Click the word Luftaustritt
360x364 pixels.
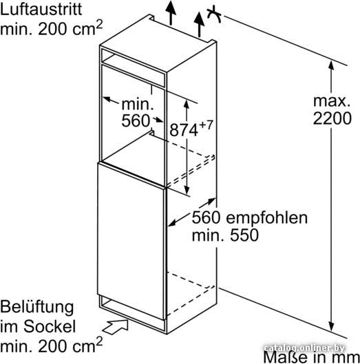pos(41,10)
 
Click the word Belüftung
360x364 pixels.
pos(37,307)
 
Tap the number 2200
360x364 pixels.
pos(332,118)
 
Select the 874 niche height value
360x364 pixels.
pos(184,130)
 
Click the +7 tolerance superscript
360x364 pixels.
pos(206,125)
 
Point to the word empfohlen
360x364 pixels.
pos(267,219)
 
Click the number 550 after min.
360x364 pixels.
pos(244,235)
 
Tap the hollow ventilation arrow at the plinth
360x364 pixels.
pos(115,327)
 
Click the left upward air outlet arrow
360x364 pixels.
pos(171,13)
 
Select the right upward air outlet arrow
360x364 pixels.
pos(199,25)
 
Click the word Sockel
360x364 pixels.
pos(50,326)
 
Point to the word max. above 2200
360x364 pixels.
pos(332,101)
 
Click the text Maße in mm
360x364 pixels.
pos(312,357)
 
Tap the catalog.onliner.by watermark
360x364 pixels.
pos(304,348)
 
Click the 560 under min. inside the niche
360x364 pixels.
pos(136,120)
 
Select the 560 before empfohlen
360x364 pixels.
pos(206,217)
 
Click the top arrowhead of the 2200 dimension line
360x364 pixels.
pos(331,65)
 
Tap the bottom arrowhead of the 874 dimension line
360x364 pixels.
pos(187,190)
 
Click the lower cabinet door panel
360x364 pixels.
pos(131,241)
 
